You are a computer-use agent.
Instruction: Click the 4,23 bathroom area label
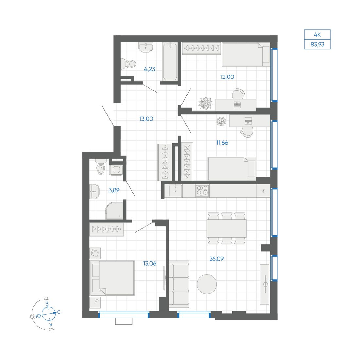150,69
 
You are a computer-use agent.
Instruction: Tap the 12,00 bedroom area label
227,77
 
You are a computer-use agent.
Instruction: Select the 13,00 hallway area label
146,119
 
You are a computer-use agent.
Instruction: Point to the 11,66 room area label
222,143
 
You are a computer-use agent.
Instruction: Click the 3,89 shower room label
114,190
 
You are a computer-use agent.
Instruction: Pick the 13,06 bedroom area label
150,264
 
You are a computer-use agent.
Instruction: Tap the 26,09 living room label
216,259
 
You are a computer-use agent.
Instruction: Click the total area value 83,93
317,45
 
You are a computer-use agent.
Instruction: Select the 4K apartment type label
317,35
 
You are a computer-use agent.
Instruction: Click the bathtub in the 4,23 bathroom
170,62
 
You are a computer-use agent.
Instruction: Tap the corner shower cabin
114,211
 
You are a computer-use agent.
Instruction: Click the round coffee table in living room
207,284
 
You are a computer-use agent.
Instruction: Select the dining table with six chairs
226,229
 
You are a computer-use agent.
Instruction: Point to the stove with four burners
202,191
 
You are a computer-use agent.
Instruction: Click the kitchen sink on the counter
176,191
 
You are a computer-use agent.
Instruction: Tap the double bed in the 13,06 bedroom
112,278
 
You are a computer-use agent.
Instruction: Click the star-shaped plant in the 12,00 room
206,103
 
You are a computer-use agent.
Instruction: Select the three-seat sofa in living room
179,284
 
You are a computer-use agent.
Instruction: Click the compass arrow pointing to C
49,314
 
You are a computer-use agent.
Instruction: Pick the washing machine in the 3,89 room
116,170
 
